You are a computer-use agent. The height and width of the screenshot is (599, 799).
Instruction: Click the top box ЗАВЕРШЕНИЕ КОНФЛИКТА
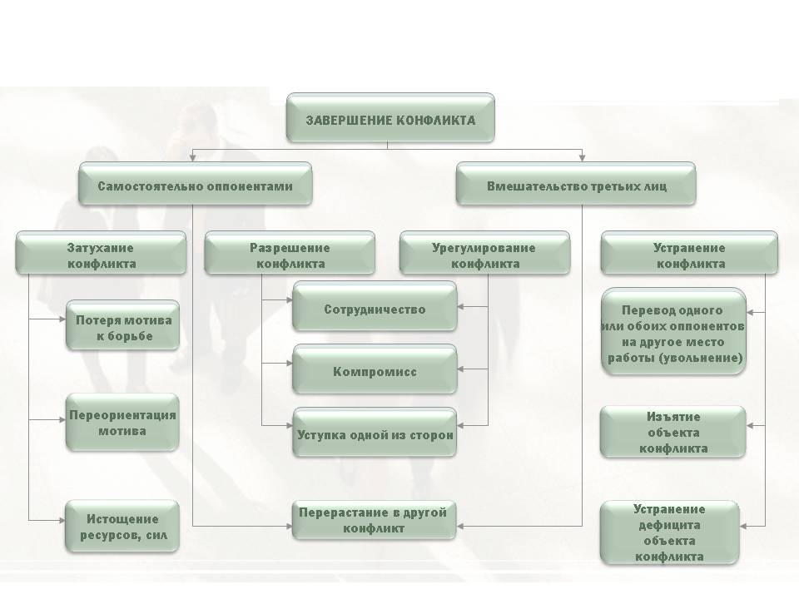pyautogui.click(x=390, y=120)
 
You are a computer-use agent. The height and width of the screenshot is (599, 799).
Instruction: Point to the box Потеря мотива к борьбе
pyautogui.click(x=123, y=328)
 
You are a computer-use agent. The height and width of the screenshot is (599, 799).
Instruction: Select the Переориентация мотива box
pyautogui.click(x=123, y=423)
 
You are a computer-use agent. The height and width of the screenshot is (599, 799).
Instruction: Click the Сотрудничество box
pyautogui.click(x=375, y=309)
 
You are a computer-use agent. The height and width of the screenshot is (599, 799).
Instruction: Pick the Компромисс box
pyautogui.click(x=375, y=372)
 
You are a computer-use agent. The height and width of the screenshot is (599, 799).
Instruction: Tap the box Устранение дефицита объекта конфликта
pyautogui.click(x=669, y=532)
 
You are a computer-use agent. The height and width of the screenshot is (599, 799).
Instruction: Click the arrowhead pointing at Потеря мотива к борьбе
pyautogui.click(x=62, y=319)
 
